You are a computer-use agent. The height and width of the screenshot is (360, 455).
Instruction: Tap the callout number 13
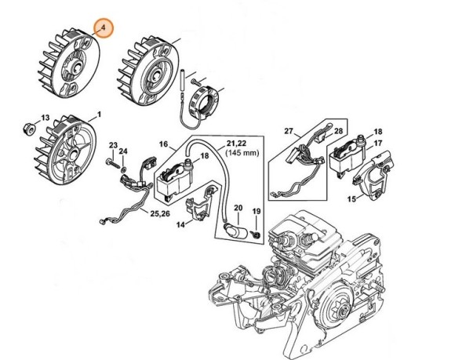[x=45, y=118]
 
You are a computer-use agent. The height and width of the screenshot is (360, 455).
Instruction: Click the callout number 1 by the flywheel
[x=99, y=114]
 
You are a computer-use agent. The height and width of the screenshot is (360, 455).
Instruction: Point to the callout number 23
[x=113, y=146]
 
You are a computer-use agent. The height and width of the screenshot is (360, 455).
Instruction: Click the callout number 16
[x=164, y=144]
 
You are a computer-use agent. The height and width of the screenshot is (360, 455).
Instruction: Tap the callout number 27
[x=288, y=130]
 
